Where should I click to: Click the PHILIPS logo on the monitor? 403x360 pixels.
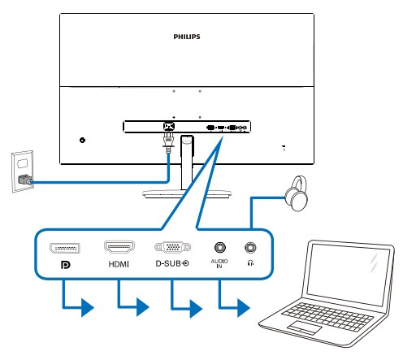(187, 37)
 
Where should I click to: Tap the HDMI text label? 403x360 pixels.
(119, 264)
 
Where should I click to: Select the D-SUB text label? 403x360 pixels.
(168, 263)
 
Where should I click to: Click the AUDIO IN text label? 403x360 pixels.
(219, 263)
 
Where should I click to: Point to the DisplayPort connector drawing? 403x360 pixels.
(65, 248)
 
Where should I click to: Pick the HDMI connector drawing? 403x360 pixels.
(119, 246)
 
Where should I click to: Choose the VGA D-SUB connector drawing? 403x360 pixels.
(172, 247)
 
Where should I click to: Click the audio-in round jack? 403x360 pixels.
(220, 247)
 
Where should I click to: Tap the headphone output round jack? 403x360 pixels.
(250, 247)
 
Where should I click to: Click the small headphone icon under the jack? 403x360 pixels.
(250, 262)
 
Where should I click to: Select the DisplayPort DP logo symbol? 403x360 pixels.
(66, 265)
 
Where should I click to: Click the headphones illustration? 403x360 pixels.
(296, 193)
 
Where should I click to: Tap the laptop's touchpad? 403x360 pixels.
(304, 327)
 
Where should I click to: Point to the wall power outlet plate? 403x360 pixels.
(23, 171)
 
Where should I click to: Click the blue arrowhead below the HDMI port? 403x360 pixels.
(143, 307)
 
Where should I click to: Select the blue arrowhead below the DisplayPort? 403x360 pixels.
(88, 307)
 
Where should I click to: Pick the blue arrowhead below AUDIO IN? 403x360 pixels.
(244, 308)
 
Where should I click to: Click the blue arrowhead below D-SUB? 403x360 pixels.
(196, 308)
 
